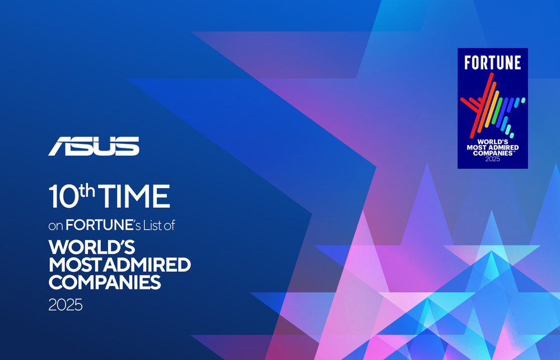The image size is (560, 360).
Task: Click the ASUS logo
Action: tap(94, 146)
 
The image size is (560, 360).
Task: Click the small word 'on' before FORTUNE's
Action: tap(55, 226)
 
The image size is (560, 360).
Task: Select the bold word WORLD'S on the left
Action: tap(92, 247)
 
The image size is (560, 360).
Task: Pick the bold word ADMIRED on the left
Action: tap(147, 264)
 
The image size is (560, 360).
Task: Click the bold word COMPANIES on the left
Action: tap(105, 282)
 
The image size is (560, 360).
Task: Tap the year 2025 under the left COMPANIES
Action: tap(66, 306)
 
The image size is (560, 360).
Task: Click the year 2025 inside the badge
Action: tap(493, 159)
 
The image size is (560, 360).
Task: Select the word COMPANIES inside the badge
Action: tap(492, 153)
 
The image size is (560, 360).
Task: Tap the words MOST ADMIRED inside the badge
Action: tap(493, 147)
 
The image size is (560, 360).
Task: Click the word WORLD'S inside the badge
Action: tap(493, 141)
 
